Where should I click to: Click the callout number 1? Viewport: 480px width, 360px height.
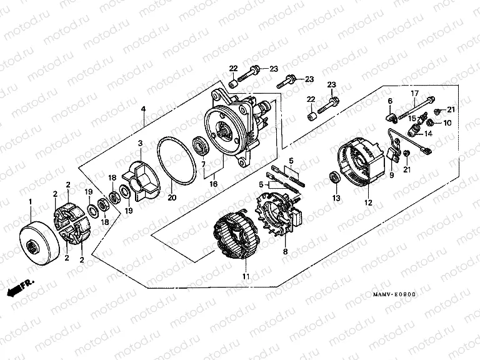pos(29,201)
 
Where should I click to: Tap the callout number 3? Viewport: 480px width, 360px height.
pos(141,143)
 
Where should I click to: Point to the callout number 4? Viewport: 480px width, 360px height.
pos(143,109)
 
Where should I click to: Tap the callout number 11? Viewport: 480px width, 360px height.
pos(245,276)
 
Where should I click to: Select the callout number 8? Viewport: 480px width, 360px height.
pos(285,252)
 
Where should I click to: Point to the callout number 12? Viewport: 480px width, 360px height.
pos(368,202)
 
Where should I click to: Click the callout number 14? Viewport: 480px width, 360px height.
pos(429,133)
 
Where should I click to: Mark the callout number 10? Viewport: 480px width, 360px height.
pos(447,122)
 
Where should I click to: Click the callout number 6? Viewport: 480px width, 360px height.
pos(389,101)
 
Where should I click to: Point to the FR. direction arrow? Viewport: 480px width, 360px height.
pos(19,287)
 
